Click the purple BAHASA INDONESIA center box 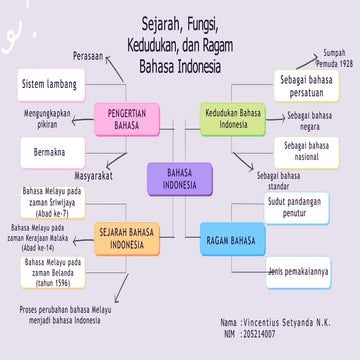[x=179, y=179]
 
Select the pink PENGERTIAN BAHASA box [x=127, y=119]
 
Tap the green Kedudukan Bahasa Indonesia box [x=232, y=119]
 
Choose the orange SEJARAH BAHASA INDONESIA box [x=127, y=238]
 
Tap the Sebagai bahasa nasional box [x=305, y=152]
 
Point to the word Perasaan [x=88, y=56]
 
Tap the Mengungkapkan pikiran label [x=52, y=119]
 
